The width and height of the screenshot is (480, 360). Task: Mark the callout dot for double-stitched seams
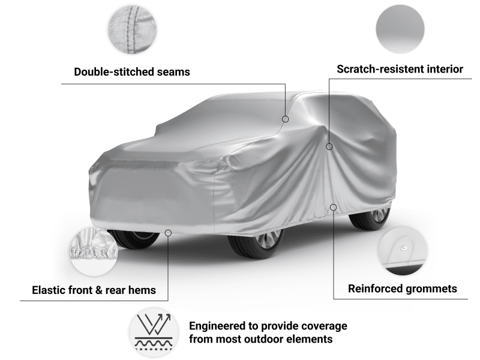pyautogui.click(x=286, y=119)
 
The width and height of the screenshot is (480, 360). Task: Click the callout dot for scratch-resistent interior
pyautogui.click(x=329, y=146)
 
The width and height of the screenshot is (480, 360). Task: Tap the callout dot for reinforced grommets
pyautogui.click(x=334, y=208)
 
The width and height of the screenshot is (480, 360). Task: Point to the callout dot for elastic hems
pyautogui.click(x=169, y=232)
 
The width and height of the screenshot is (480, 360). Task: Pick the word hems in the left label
pyautogui.click(x=141, y=290)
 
